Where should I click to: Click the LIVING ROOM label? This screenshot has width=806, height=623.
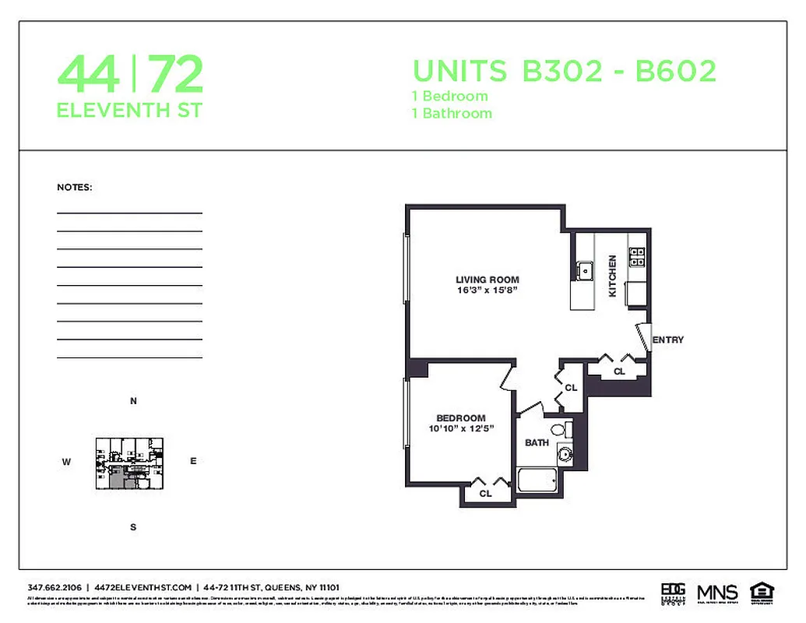pyautogui.click(x=487, y=280)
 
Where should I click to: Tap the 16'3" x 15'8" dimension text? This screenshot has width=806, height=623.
pyautogui.click(x=487, y=290)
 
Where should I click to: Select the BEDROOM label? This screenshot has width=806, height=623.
pyautogui.click(x=460, y=418)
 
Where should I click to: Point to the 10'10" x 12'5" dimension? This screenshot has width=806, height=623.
pyautogui.click(x=461, y=428)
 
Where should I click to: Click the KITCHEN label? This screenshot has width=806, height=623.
pyautogui.click(x=612, y=276)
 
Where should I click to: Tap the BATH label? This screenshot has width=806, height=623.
pyautogui.click(x=537, y=442)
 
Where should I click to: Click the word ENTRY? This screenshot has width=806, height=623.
pyautogui.click(x=668, y=340)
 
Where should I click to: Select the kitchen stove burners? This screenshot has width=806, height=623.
pyautogui.click(x=638, y=257)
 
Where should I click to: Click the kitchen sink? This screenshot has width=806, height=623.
pyautogui.click(x=583, y=271)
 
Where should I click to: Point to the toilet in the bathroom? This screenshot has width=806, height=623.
pyautogui.click(x=560, y=429)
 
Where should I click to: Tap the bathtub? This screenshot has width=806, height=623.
pyautogui.click(x=536, y=480)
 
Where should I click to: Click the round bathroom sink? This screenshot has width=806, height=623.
pyautogui.click(x=563, y=456)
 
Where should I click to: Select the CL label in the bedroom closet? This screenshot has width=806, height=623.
pyautogui.click(x=485, y=493)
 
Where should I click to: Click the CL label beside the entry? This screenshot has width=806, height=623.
pyautogui.click(x=619, y=371)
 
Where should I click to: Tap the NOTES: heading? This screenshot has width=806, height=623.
pyautogui.click(x=75, y=188)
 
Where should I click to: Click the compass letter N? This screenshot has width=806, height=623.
pyautogui.click(x=133, y=402)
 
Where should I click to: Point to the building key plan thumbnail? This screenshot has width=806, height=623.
pyautogui.click(x=129, y=463)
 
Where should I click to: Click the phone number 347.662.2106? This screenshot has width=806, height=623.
pyautogui.click(x=55, y=587)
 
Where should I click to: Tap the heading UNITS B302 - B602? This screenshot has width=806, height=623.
pyautogui.click(x=564, y=72)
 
